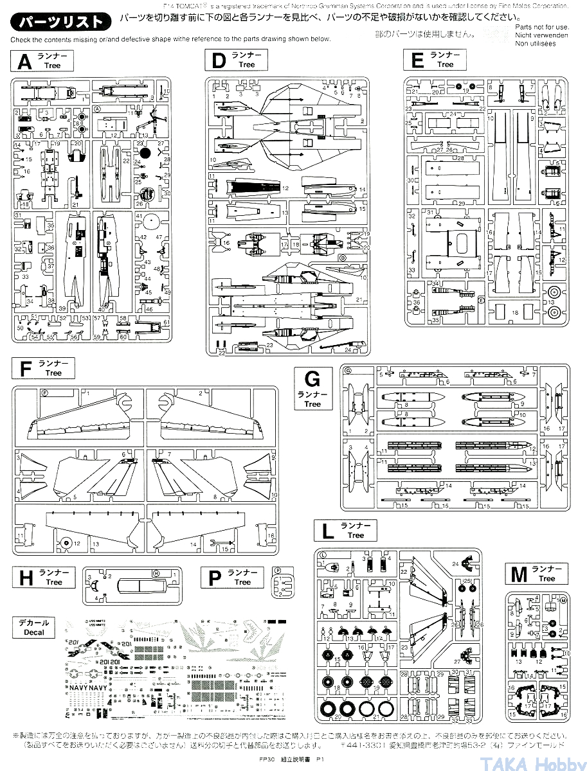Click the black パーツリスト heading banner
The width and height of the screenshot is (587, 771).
[60, 22]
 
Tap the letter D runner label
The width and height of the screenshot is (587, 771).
[219, 61]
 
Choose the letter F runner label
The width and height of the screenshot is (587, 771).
[26, 369]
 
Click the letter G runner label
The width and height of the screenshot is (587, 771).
[312, 378]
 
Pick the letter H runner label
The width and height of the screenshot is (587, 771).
[26, 578]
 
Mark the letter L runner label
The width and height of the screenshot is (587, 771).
[328, 531]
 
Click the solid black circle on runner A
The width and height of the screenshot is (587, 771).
[146, 153]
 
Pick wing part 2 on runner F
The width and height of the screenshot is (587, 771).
[212, 411]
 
